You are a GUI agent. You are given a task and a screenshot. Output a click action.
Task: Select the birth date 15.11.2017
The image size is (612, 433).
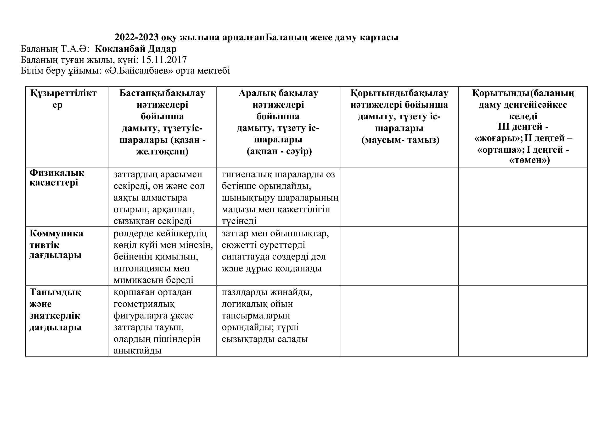[x=164, y=59]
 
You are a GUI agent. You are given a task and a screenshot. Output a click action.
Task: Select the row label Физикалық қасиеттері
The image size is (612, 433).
[x=57, y=178]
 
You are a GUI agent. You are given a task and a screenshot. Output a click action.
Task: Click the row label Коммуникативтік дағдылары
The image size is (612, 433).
[x=56, y=244]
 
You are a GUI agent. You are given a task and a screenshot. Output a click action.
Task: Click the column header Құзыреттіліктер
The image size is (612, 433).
[x=63, y=99]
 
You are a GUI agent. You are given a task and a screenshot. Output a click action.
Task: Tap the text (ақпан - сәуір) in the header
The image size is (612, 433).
[x=279, y=151]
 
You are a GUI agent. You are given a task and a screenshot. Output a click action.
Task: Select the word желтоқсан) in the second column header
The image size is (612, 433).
[x=162, y=151]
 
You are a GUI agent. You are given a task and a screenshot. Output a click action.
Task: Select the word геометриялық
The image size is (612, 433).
[x=144, y=304]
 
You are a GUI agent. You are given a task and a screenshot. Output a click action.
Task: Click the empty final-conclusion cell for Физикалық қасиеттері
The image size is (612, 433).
[x=523, y=197]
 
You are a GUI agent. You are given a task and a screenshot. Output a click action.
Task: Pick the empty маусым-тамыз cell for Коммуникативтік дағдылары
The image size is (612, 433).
[x=399, y=256]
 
